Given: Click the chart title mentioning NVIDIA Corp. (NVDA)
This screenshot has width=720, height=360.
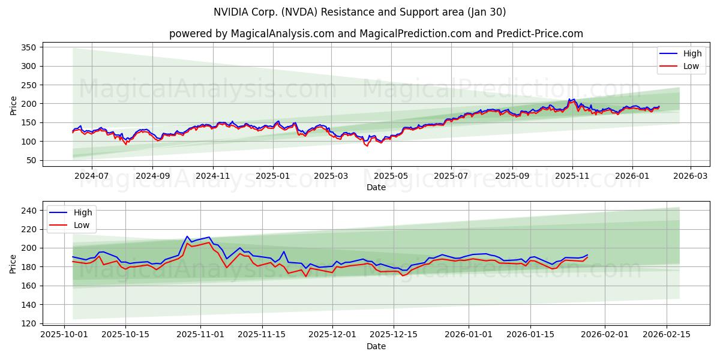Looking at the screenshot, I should (x=359, y=12).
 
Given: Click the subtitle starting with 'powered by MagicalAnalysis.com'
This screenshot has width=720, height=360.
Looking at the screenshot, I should (x=376, y=34).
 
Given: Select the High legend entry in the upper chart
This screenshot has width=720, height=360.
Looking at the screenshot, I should (x=692, y=53).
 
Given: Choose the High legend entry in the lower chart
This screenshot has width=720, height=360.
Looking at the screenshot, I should (x=83, y=212).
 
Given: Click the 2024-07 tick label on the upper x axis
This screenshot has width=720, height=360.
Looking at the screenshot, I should (x=92, y=176).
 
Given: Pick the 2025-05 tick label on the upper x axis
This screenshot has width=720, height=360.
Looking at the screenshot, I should (x=391, y=176).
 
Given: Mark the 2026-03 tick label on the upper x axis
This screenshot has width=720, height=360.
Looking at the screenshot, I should (x=690, y=176).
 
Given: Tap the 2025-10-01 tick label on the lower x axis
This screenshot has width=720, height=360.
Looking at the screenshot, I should (x=65, y=334).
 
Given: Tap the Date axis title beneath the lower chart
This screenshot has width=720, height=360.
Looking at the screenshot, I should (x=376, y=346).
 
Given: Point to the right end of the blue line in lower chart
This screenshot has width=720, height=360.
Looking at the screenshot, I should (x=587, y=254).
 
